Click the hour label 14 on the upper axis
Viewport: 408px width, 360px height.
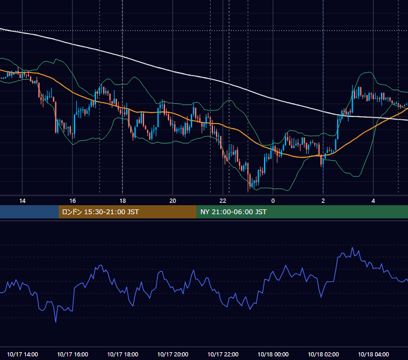coord(22,201)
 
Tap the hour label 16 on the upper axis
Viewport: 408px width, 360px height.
coord(73,201)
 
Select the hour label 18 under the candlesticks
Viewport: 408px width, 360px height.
coord(122,201)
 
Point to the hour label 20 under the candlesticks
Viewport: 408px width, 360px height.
coord(173,201)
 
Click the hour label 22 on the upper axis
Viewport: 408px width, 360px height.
coord(223,201)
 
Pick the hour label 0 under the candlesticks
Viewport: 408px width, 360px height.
coord(273,201)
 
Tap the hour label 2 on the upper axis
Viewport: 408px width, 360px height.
coord(323,201)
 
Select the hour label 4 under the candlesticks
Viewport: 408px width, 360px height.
coord(373,201)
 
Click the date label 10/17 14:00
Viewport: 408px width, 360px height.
coord(22,354)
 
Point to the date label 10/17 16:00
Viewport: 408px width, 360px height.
coord(73,354)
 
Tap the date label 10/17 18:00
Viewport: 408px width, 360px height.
coord(122,354)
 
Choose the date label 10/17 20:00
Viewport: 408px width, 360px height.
coord(173,354)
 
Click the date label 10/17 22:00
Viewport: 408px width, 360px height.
coord(223,354)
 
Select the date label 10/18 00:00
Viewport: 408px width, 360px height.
coord(273,354)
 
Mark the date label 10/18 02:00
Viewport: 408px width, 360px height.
coord(323,354)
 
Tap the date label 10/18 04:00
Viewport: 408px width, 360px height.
coord(373,354)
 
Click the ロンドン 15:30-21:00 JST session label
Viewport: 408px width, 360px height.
coord(100,212)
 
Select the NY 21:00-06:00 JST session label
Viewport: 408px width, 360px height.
coord(233,212)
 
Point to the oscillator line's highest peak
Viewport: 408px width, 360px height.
coord(353,248)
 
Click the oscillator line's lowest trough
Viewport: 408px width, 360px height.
coord(56,322)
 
